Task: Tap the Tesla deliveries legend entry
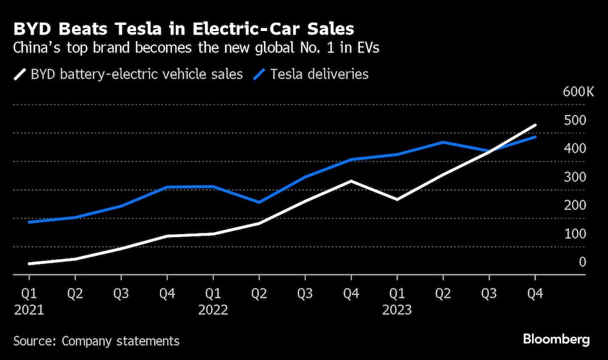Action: pyautogui.click(x=311, y=74)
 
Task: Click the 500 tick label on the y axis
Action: pyautogui.click(x=575, y=120)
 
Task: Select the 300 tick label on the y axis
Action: pyautogui.click(x=575, y=177)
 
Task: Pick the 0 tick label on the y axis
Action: pyautogui.click(x=582, y=262)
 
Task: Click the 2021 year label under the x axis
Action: pyautogui.click(x=29, y=310)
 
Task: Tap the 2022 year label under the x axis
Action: pyautogui.click(x=213, y=310)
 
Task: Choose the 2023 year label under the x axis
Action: pyautogui.click(x=397, y=310)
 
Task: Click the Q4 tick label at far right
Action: pyautogui.click(x=535, y=293)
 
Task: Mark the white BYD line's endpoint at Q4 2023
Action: pyautogui.click(x=535, y=125)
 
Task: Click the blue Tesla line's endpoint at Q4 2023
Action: pyautogui.click(x=535, y=137)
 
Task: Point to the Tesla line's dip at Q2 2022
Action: pyautogui.click(x=259, y=202)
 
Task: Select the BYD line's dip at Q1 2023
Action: pyautogui.click(x=397, y=199)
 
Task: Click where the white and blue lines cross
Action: pyautogui.click(x=490, y=151)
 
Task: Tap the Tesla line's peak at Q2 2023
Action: pyautogui.click(x=443, y=142)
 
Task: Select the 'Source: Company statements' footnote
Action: pyautogui.click(x=96, y=341)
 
